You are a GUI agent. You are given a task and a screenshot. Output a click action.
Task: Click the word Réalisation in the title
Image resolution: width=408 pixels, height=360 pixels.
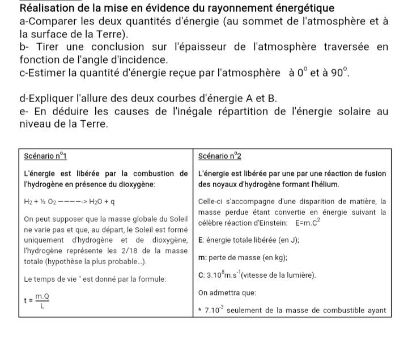(x=48, y=9)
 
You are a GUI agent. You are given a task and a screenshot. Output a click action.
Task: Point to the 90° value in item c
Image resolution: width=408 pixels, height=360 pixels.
(x=335, y=73)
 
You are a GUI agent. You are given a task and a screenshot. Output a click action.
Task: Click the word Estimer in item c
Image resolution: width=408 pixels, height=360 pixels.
(x=48, y=73)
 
